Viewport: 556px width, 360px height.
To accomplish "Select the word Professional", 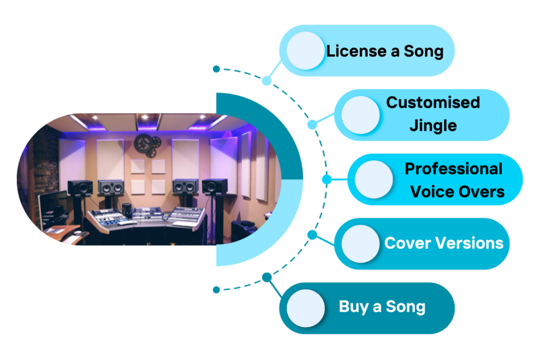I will [x=454, y=169].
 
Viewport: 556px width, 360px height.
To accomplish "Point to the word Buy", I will [x=353, y=307].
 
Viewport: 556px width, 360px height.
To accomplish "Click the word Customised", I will [x=433, y=103].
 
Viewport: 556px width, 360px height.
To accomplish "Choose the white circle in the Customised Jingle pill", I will [x=361, y=115].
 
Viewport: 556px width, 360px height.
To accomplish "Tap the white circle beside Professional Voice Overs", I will [x=374, y=180].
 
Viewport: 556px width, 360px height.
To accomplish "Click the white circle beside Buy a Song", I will [x=306, y=308].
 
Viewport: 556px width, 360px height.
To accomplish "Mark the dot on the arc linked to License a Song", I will [x=266, y=81].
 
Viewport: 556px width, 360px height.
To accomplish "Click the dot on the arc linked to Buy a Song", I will [x=266, y=277].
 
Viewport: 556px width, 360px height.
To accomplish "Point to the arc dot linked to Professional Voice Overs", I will [x=326, y=179].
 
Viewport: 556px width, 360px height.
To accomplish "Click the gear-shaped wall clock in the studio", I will [x=144, y=143].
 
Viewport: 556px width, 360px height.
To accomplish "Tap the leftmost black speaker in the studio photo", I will [x=80, y=187].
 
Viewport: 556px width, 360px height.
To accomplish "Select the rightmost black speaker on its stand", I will [x=214, y=186].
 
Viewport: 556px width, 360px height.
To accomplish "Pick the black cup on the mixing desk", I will [x=127, y=209].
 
